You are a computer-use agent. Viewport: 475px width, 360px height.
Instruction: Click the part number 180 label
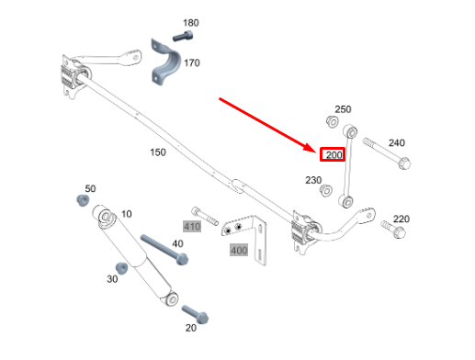[191, 23]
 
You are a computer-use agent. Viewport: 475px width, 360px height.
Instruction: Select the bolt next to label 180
[183, 36]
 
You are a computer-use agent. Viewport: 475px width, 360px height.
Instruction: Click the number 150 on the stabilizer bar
[158, 152]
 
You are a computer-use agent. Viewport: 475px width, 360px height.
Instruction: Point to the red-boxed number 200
[333, 154]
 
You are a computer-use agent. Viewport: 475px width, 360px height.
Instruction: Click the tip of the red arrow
[316, 152]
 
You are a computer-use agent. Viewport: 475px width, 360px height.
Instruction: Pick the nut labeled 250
[332, 121]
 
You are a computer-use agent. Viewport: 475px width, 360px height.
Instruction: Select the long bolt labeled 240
[387, 153]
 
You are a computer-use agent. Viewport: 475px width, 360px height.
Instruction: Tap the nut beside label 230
[326, 190]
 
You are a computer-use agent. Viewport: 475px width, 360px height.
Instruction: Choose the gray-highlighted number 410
[192, 227]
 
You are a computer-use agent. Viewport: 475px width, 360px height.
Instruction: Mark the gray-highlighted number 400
[239, 250]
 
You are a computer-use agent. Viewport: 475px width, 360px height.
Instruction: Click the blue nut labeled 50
[83, 200]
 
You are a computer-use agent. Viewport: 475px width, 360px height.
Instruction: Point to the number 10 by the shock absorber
[127, 214]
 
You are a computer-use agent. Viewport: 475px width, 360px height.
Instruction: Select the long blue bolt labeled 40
[164, 250]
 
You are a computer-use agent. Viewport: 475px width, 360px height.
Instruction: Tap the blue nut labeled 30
[121, 268]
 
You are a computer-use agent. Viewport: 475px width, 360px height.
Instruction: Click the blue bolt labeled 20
[195, 314]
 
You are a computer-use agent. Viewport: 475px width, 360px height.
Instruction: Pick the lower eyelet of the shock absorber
[172, 298]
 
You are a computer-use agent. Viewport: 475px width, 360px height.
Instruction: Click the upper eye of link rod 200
[350, 132]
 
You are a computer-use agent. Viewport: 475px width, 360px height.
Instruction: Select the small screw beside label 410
[205, 216]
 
